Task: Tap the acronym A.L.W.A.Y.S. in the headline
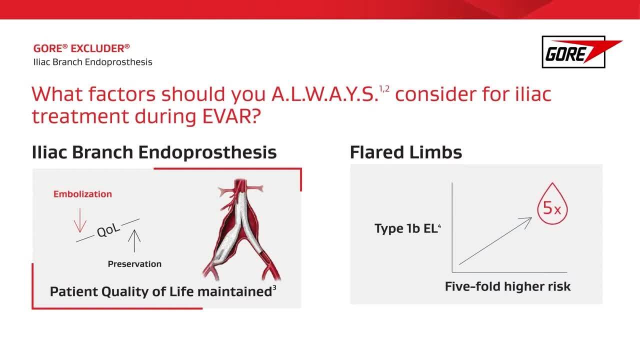click(325, 94)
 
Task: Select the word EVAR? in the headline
click(231, 116)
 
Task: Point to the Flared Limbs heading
click(405, 152)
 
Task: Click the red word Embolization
click(82, 194)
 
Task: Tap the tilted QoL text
click(108, 230)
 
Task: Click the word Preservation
click(134, 264)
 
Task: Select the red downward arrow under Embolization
click(80, 220)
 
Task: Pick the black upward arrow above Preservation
click(134, 241)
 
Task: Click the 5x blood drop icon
click(552, 203)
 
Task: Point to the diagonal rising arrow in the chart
click(495, 241)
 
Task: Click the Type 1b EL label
click(407, 228)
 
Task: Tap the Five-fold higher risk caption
click(507, 286)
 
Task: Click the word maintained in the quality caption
click(234, 291)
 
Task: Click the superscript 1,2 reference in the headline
click(384, 89)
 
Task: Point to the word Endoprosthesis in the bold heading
click(207, 152)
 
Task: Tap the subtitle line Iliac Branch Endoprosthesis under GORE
click(93, 62)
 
